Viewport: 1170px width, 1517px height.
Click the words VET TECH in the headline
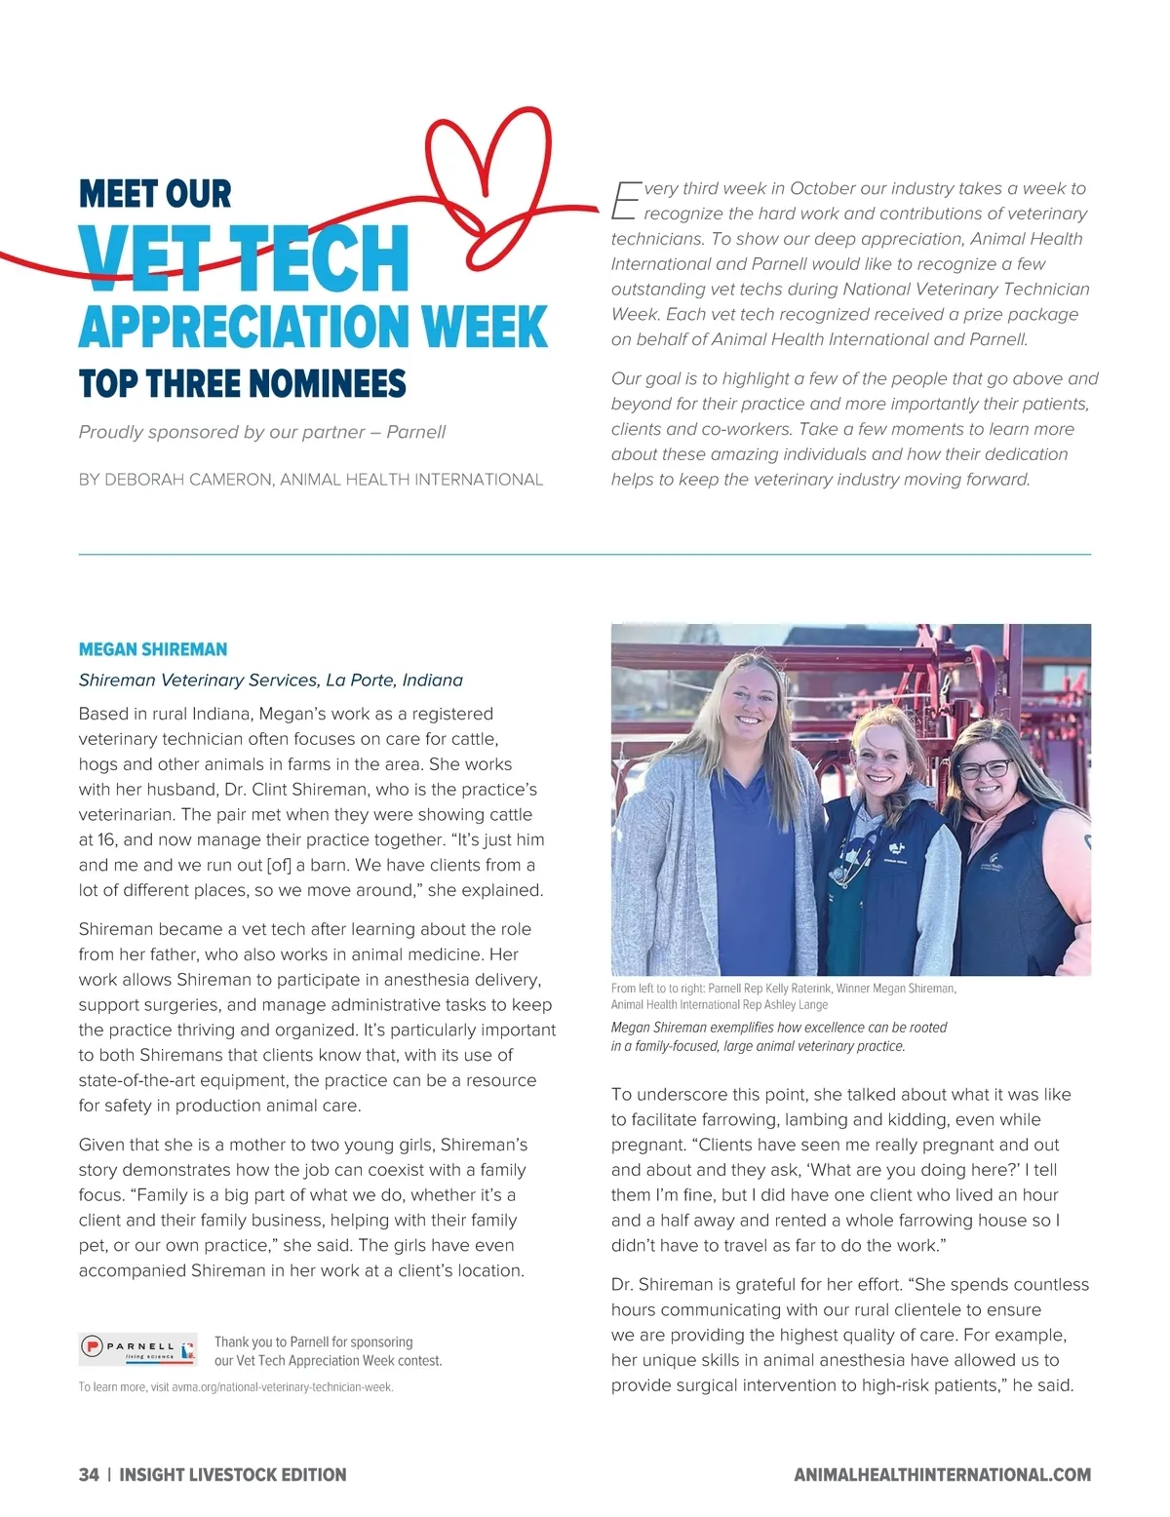pos(244,258)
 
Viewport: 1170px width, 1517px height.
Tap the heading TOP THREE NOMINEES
pos(242,383)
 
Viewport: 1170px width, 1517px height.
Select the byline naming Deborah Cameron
pos(310,480)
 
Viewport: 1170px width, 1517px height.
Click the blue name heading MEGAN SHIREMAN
pos(153,649)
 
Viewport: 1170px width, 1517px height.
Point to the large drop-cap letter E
pos(624,200)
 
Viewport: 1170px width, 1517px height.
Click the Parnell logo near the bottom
pos(137,1349)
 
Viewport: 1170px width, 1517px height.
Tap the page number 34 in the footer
pos(89,1475)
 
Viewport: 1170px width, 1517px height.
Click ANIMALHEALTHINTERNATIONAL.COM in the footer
pos(942,1475)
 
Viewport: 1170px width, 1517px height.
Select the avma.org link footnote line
pos(236,1387)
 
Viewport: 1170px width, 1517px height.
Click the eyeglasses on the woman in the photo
pos(985,768)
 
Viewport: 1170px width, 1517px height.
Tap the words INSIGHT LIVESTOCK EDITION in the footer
pos(233,1475)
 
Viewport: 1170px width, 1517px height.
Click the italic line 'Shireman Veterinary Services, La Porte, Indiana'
pos(271,681)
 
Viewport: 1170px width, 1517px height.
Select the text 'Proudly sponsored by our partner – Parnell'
pos(262,432)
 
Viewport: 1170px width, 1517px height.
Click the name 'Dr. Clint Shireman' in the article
pos(290,790)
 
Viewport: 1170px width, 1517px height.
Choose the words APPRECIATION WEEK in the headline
pos(313,327)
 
